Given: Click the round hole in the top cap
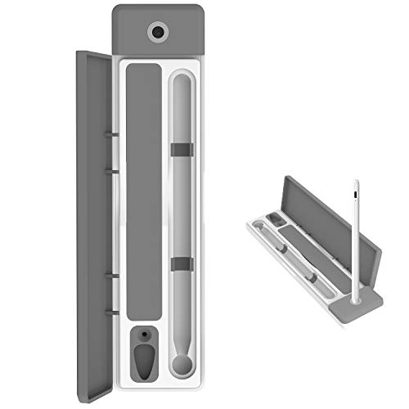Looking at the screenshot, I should [x=158, y=32].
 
